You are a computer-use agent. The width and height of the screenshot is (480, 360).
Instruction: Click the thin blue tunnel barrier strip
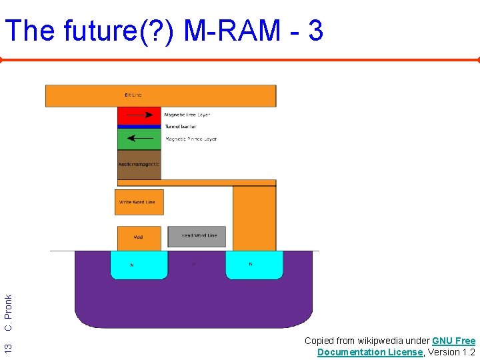coord(139,126)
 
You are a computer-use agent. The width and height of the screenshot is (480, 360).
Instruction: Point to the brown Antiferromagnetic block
coord(139,165)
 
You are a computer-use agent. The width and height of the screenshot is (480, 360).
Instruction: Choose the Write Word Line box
coord(139,202)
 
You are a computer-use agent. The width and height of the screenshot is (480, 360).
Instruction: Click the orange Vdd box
coord(139,237)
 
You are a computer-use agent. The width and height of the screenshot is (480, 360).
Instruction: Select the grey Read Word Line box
coord(197,236)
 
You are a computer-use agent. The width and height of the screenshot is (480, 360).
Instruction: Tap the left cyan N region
coord(139,265)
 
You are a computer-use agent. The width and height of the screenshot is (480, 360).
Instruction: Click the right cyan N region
coord(250,265)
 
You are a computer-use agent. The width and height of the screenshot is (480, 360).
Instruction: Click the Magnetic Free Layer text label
coord(187,115)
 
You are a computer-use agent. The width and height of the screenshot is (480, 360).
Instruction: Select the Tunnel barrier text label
coord(180,126)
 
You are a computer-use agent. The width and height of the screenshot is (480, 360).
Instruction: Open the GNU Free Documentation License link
coord(396,347)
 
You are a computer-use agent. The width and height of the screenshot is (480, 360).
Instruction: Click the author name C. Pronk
coord(8,314)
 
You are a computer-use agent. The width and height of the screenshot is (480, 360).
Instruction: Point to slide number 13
coord(8,347)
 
